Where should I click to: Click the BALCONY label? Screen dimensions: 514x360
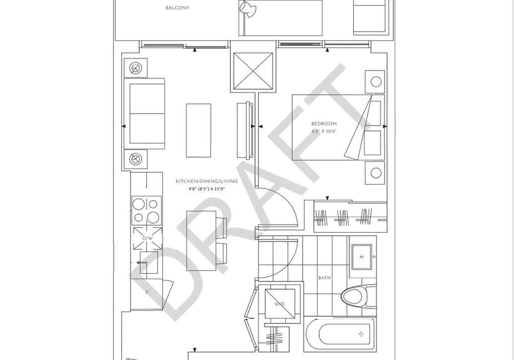(x=177, y=7)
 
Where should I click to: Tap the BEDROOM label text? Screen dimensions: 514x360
(x=324, y=124)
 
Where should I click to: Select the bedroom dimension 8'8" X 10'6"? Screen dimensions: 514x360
(x=324, y=132)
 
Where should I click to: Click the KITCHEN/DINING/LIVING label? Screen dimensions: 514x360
(x=207, y=181)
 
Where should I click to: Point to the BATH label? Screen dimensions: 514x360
(x=324, y=278)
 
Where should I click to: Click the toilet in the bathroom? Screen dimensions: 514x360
(x=358, y=297)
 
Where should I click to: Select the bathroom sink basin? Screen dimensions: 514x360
(x=361, y=257)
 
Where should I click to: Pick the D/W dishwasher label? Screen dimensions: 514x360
(x=147, y=239)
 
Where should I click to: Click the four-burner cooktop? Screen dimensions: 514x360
(x=147, y=210)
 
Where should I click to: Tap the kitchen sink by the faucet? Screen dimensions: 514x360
(x=148, y=263)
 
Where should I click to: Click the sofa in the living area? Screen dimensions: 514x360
(x=144, y=113)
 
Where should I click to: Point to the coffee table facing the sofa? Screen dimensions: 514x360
(x=199, y=131)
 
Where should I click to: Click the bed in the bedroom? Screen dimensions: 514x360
(x=338, y=127)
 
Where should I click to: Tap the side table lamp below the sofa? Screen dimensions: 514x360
(x=135, y=159)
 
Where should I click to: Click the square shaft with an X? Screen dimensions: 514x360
(x=253, y=71)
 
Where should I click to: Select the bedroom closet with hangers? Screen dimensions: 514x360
(x=350, y=217)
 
